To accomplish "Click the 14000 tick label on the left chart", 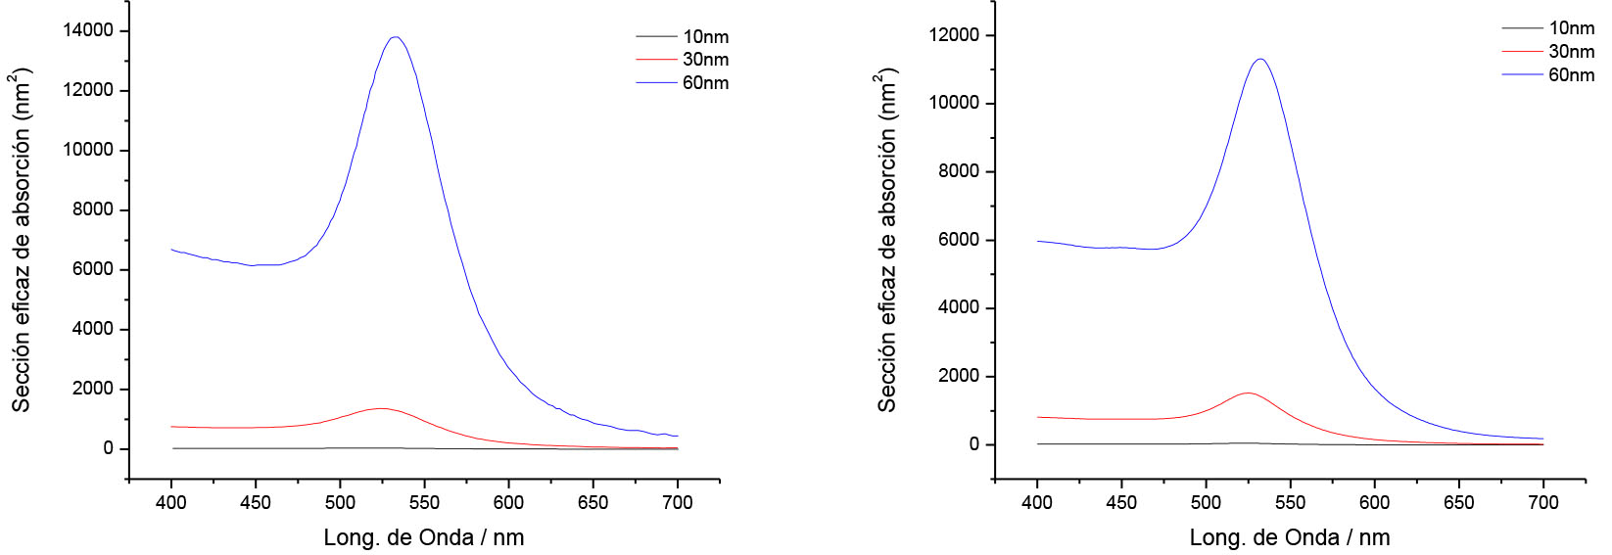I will [x=88, y=30].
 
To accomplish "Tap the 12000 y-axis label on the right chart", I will [x=954, y=35].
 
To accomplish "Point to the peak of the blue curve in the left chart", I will [x=396, y=37].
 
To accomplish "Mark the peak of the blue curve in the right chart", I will [x=1260, y=59].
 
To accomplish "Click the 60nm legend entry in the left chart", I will [x=705, y=83].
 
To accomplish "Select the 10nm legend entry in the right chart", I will [x=1571, y=28].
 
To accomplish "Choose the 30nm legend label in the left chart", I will [x=705, y=60].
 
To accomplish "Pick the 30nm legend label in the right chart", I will [x=1571, y=52].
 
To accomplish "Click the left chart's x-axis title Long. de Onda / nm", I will [x=424, y=537].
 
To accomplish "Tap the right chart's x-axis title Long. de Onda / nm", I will [x=1290, y=537].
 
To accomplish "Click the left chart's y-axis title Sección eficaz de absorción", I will [x=22, y=240].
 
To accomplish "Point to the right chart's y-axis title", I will [x=887, y=240].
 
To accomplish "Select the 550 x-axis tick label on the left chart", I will [x=424, y=502].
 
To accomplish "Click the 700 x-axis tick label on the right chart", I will [x=1543, y=502].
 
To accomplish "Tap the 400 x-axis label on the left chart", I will [x=171, y=502].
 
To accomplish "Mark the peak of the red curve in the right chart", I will [x=1247, y=393].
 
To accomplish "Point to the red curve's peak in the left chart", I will [x=381, y=408].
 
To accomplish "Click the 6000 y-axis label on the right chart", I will [x=959, y=240].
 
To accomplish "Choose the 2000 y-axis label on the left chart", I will [x=93, y=389].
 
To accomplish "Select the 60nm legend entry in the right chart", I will [x=1571, y=75].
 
